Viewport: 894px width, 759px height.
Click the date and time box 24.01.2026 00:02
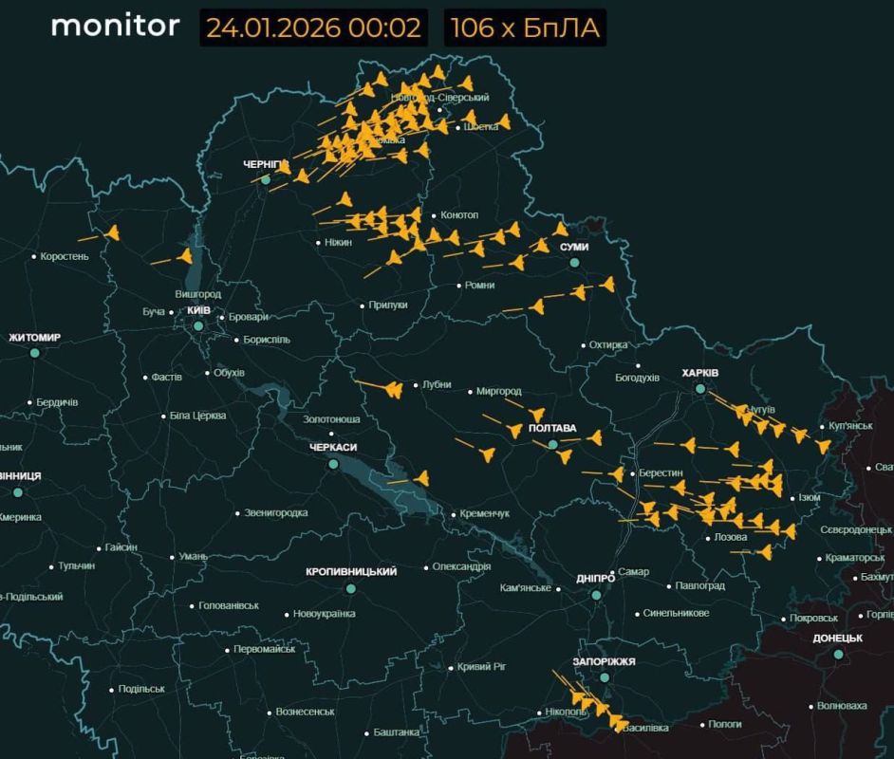(x=313, y=28)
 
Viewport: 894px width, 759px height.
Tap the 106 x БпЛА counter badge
(x=525, y=28)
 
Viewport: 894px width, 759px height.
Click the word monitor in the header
(x=115, y=26)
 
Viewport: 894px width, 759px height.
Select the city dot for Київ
(x=198, y=326)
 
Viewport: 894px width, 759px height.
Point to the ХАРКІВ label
(x=699, y=373)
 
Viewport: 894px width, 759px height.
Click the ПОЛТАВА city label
(x=552, y=429)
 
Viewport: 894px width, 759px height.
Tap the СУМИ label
(x=574, y=247)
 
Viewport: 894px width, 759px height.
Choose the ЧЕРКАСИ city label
(x=332, y=448)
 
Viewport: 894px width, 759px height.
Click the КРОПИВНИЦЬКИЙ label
(x=350, y=572)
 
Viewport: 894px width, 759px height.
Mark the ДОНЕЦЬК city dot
(x=838, y=655)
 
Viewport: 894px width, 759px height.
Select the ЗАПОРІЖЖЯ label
(x=604, y=661)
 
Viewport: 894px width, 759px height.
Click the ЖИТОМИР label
(x=34, y=338)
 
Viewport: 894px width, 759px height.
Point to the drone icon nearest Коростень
(x=112, y=232)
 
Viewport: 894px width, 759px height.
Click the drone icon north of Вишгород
(x=185, y=256)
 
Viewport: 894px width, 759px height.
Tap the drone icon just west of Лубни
(x=393, y=389)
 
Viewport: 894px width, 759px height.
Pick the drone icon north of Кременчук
(x=420, y=478)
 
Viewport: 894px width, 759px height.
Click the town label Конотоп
(x=459, y=215)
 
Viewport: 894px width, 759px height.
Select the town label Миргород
(x=498, y=391)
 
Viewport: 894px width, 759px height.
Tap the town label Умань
(x=193, y=557)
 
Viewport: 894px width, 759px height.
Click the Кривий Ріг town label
(x=481, y=667)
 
